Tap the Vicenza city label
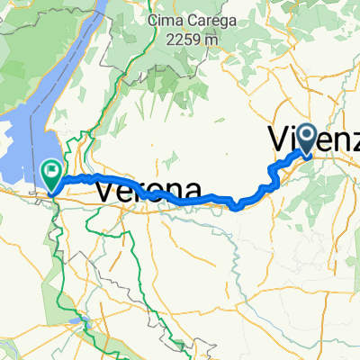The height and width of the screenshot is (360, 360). [315, 141]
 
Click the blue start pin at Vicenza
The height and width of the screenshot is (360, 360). [307, 139]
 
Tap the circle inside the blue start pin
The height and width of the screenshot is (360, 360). [307, 136]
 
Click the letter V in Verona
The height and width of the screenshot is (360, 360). [104, 191]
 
